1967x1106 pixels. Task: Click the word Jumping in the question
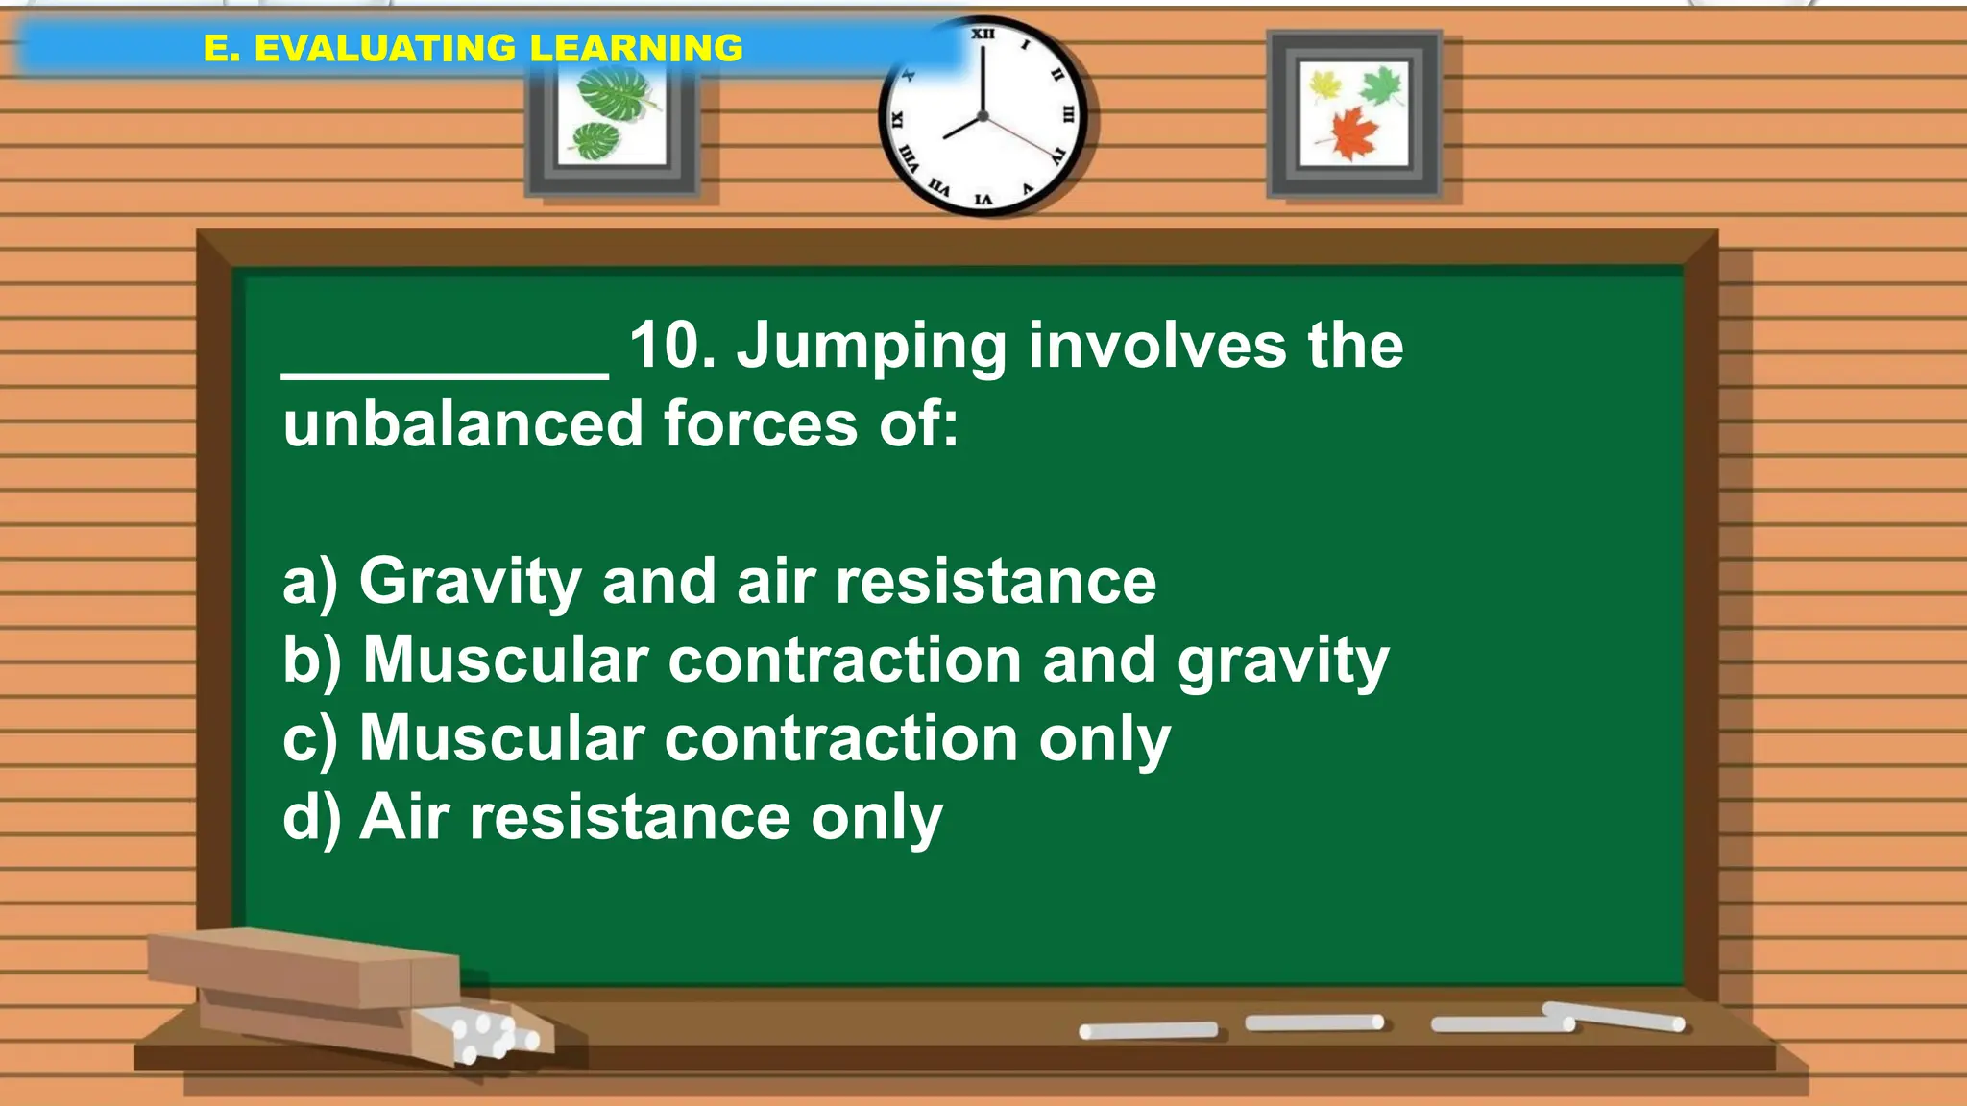tap(871, 347)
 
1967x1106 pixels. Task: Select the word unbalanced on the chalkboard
tap(462, 424)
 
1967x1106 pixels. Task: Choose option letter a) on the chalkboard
tap(310, 582)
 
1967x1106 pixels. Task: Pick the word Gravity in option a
tap(470, 582)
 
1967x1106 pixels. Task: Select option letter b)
tap(312, 661)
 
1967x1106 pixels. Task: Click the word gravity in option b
tap(1283, 662)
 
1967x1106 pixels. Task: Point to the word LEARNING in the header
tap(636, 48)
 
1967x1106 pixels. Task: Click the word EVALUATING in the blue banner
tap(384, 48)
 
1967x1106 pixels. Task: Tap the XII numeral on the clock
tap(983, 34)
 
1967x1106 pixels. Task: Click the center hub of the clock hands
tap(983, 116)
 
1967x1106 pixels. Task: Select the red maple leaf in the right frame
tap(1354, 132)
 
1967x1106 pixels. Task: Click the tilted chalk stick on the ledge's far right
tap(1614, 1016)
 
